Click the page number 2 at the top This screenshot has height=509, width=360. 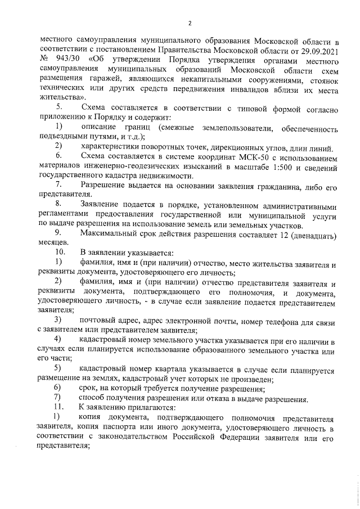[190, 23]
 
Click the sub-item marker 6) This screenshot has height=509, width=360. [58, 388]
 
